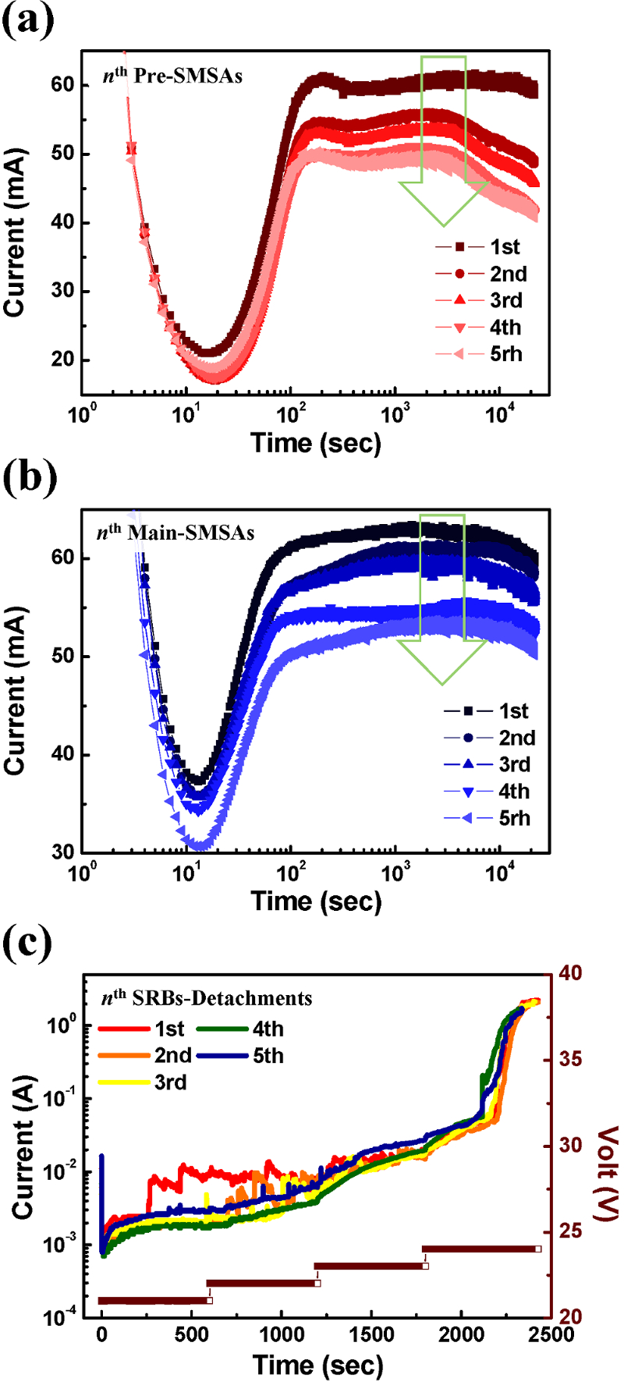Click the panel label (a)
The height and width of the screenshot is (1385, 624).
coord(29,21)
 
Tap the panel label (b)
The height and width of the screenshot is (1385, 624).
coord(30,478)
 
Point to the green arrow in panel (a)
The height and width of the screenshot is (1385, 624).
coord(444,140)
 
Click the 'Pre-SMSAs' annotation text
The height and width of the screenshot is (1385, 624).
coord(187,76)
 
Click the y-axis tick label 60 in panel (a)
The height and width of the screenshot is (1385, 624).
coord(62,84)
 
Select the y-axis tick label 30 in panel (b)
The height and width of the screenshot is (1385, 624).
coord(62,852)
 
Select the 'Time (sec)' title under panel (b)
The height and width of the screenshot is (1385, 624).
coord(316,901)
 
